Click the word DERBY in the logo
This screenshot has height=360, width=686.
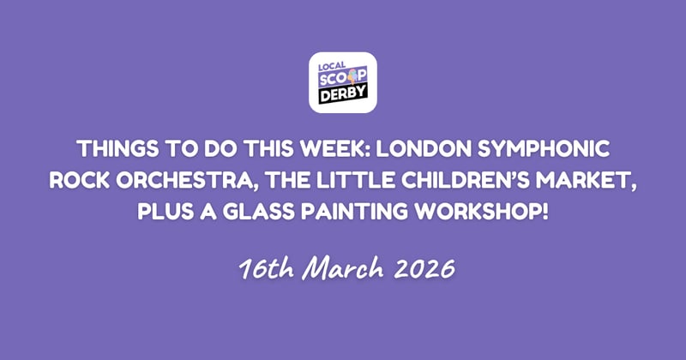(343, 97)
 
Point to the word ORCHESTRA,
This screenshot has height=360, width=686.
(190, 179)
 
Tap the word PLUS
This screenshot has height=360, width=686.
(166, 208)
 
